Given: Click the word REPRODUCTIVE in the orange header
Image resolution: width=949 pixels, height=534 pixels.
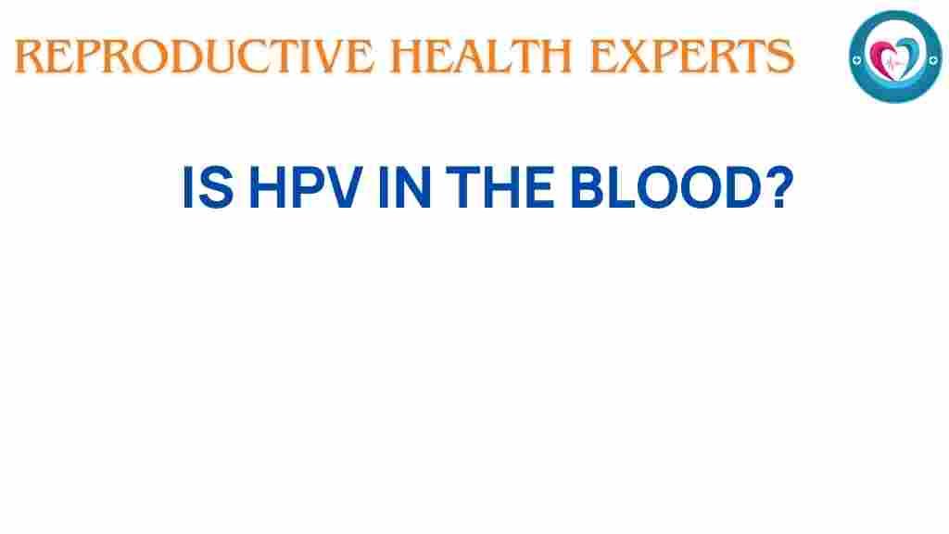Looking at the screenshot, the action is [195, 57].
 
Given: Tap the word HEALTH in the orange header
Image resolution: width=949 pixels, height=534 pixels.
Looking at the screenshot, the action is [481, 57].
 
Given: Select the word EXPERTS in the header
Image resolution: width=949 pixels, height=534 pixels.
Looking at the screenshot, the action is [691, 57].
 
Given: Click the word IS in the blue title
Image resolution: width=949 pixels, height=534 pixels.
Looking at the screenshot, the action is [208, 187].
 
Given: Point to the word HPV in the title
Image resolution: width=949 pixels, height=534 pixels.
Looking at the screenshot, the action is [306, 187].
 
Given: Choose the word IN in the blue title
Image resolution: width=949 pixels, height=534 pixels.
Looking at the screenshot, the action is [404, 187].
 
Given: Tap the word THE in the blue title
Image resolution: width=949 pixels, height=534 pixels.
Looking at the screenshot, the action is [500, 187].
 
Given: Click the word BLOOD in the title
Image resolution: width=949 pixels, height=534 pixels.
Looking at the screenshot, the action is [664, 187].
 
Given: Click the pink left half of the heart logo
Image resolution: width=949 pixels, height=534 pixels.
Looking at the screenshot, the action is [881, 57].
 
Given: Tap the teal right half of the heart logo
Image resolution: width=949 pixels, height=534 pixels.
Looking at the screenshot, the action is [909, 57].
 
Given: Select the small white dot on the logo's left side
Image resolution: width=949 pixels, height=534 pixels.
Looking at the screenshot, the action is [856, 60].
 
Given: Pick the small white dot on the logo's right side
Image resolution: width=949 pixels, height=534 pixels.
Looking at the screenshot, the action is [933, 60].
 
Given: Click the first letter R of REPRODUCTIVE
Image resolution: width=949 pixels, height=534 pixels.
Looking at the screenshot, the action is [29, 57].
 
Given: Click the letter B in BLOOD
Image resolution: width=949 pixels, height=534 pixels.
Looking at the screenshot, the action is [588, 187].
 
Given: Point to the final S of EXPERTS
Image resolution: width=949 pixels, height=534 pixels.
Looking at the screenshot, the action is [781, 57].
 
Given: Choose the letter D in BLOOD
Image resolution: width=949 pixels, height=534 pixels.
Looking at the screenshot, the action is [740, 187].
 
